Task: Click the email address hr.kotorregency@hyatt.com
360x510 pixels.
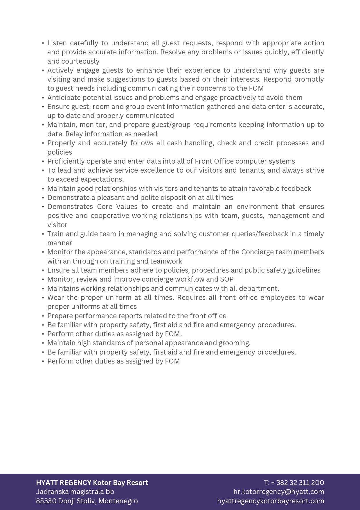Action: click(279, 491)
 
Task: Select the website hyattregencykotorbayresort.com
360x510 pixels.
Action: click(271, 501)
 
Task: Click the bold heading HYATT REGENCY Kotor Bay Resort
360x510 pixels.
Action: click(92, 482)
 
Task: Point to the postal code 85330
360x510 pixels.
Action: click(46, 501)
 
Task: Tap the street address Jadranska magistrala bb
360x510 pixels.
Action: click(75, 491)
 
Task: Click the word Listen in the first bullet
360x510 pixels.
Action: click(57, 43)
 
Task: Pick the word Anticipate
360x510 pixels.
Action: click(63, 97)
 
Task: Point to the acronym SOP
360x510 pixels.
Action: click(227, 279)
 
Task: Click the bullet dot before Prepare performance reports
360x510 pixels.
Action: click(43, 316)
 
